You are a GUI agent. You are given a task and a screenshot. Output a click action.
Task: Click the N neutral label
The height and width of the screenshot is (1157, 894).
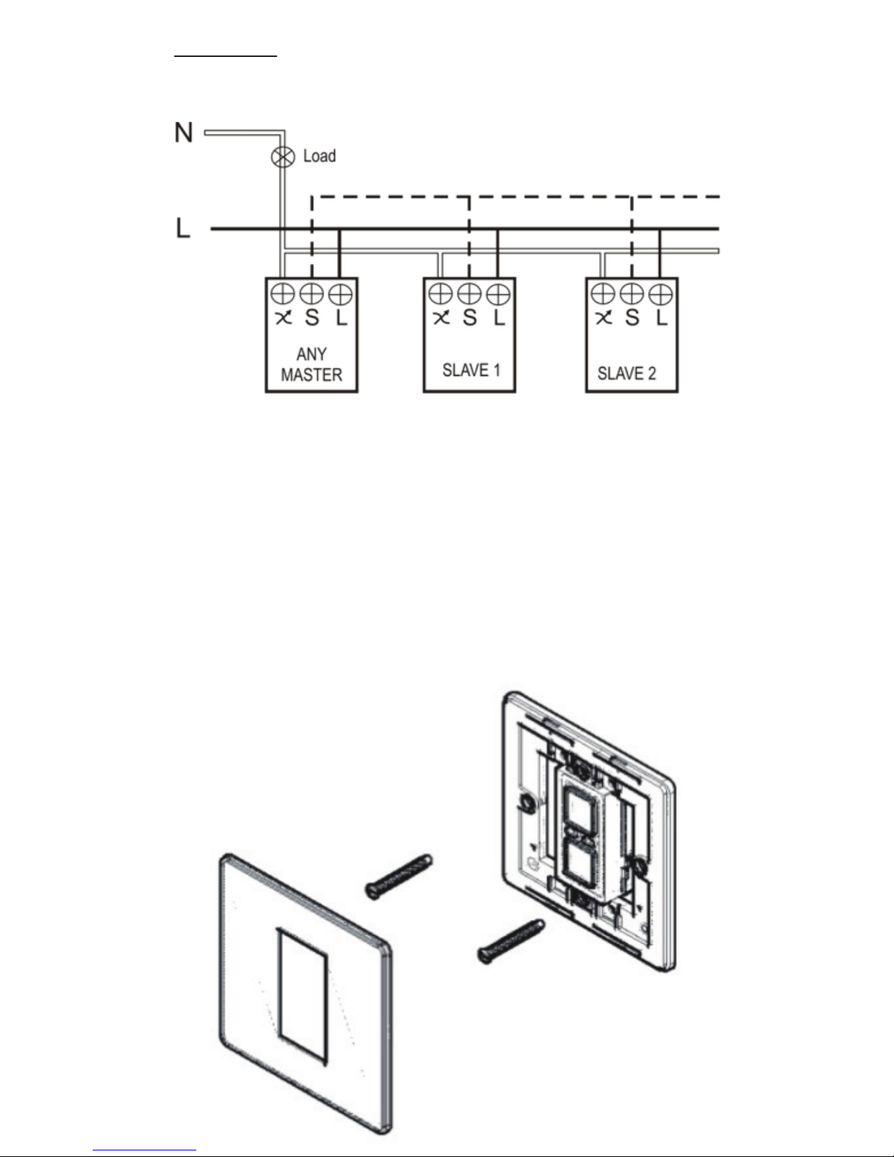(x=184, y=132)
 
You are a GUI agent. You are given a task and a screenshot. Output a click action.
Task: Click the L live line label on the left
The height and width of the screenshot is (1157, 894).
(x=183, y=228)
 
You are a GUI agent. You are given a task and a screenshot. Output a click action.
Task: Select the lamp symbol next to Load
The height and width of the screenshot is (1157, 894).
(x=283, y=156)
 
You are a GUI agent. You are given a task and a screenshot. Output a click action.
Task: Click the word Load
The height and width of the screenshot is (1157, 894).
(x=320, y=156)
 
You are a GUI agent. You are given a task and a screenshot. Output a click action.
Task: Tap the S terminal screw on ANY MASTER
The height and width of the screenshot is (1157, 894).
(x=312, y=293)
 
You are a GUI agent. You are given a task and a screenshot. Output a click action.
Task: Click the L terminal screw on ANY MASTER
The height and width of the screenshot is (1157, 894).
(x=341, y=294)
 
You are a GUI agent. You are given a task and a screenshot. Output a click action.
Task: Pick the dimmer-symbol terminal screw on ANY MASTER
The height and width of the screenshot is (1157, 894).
(x=282, y=293)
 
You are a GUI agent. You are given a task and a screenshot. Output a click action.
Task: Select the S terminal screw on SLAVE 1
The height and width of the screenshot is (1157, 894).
(x=469, y=293)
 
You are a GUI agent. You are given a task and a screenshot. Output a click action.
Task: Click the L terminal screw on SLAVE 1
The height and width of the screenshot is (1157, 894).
(x=498, y=294)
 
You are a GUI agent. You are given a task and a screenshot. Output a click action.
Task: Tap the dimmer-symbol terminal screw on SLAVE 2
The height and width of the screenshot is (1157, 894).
(x=603, y=293)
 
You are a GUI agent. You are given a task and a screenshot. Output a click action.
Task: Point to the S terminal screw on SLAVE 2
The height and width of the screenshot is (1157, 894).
(x=632, y=293)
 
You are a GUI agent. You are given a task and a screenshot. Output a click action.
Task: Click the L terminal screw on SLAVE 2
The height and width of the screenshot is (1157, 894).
(x=661, y=294)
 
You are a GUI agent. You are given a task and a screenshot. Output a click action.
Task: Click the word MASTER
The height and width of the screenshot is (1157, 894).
(x=312, y=375)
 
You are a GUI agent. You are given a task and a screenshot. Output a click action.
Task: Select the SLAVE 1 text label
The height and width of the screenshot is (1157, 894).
(x=471, y=370)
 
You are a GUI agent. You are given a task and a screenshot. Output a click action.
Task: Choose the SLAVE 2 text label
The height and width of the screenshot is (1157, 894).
(x=627, y=373)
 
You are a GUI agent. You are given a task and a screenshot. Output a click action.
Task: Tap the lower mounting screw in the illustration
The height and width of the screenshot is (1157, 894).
(x=511, y=942)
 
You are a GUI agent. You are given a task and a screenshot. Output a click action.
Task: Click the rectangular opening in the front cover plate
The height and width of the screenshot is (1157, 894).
(x=301, y=997)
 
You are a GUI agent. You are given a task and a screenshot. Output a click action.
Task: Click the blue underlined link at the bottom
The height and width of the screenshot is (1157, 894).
(x=144, y=1148)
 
